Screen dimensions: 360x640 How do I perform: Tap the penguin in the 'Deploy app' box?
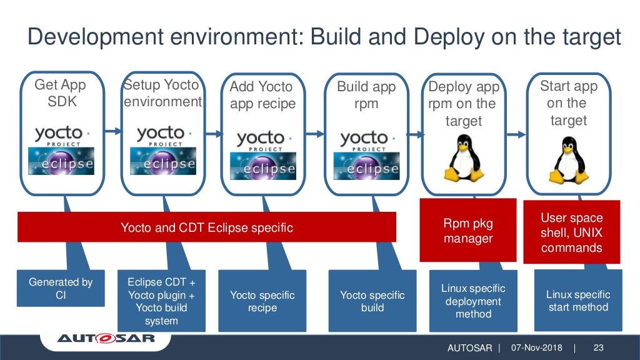click(463, 159)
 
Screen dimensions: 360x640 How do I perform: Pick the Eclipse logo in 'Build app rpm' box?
click(366, 166)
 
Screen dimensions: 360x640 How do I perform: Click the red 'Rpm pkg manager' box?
click(468, 230)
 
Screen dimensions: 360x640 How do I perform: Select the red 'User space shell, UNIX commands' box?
click(571, 232)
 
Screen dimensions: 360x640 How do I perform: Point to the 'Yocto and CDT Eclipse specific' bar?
click(206, 227)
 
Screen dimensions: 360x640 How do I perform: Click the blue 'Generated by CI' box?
click(61, 288)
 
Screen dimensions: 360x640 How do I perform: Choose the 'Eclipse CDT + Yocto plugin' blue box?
click(161, 301)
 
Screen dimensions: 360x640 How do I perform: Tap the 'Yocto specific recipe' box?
click(262, 301)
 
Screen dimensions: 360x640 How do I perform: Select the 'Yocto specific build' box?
click(372, 301)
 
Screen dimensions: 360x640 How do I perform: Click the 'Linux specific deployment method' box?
click(473, 301)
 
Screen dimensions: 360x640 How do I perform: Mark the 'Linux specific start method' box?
click(577, 301)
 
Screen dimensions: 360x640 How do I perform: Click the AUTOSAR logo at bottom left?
click(106, 340)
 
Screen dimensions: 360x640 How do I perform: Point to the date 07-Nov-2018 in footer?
click(536, 347)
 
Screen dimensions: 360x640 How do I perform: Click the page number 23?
click(598, 347)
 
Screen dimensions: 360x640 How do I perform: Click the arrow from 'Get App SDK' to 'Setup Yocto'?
click(112, 131)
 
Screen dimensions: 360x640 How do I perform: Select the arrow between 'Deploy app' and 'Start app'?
click(516, 132)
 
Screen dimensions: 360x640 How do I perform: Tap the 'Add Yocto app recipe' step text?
click(262, 95)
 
